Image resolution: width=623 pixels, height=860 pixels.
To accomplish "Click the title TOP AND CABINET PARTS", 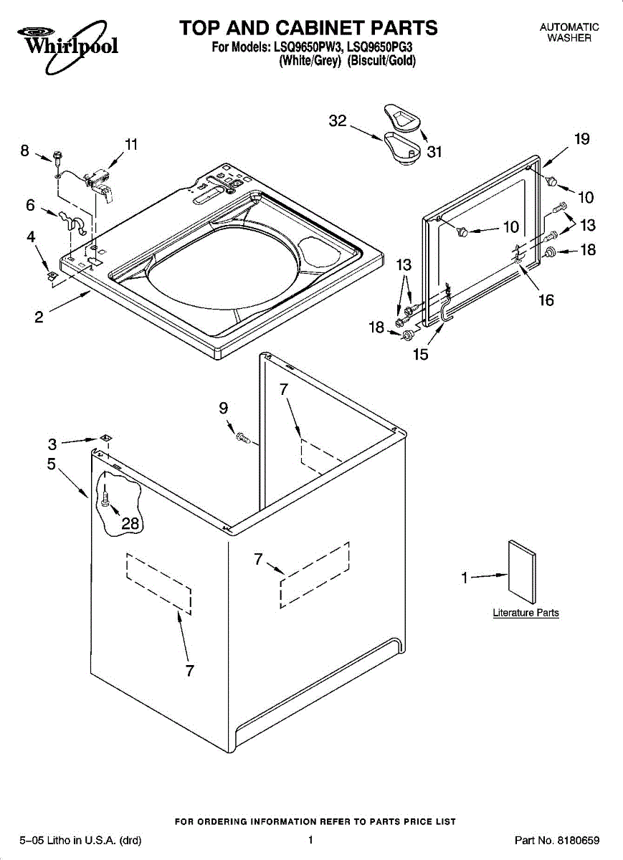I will click(x=308, y=28).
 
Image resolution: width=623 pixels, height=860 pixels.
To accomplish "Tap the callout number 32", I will click(x=338, y=121).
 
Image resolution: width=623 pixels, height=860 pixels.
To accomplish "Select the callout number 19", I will click(x=581, y=139).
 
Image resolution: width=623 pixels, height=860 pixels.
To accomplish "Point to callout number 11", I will click(x=130, y=144).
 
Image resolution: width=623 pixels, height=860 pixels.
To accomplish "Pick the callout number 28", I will click(x=130, y=523).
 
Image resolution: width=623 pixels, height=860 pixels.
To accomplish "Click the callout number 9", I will click(x=224, y=408).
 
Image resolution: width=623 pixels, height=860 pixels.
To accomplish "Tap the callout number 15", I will click(x=421, y=354).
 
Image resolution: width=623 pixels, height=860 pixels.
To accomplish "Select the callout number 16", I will click(x=546, y=300).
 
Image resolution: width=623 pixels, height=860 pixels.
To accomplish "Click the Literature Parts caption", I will click(x=525, y=613).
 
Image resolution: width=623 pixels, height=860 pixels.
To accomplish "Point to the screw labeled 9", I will click(x=242, y=436).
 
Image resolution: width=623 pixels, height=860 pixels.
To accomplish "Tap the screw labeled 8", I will click(x=57, y=156).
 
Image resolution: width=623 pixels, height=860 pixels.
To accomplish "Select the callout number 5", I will click(x=51, y=464).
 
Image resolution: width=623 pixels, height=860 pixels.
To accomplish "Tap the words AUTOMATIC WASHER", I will click(x=569, y=32).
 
